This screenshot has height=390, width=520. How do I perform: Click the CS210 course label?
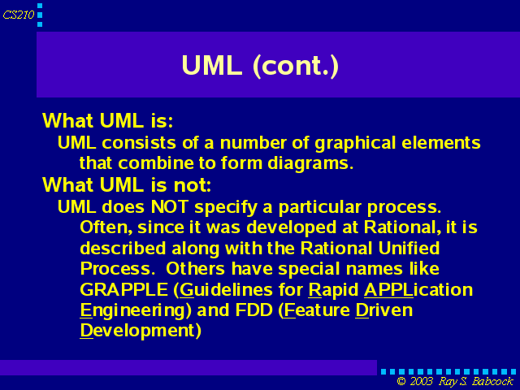[x=19, y=15]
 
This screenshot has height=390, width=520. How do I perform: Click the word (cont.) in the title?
[x=296, y=66]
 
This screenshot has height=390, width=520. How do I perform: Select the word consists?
[x=139, y=143]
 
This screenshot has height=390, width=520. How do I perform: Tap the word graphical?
[x=355, y=144]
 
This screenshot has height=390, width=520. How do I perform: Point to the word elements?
[x=440, y=143]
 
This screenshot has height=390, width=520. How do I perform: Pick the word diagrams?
[x=310, y=164]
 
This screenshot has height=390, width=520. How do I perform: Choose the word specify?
[x=226, y=208]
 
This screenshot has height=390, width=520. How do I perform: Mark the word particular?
[x=319, y=208]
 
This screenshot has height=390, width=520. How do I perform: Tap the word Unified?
[x=409, y=248]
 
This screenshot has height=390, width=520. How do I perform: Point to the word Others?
[x=195, y=269]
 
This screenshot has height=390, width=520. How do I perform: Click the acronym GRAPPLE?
[x=123, y=289]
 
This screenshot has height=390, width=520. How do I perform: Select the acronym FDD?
[x=253, y=310]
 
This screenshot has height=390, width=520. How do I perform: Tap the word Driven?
[x=384, y=310]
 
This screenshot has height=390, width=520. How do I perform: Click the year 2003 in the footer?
[x=421, y=381]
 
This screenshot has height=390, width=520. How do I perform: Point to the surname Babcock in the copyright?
[x=492, y=381]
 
